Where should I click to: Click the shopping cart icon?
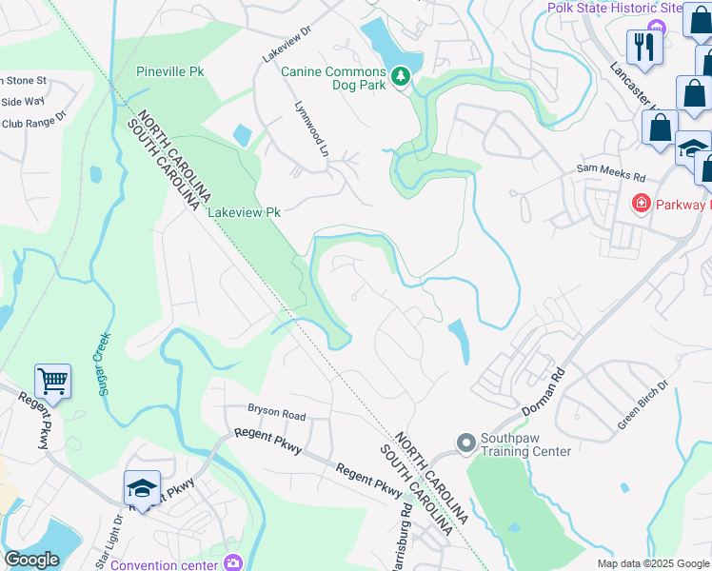click(x=53, y=383)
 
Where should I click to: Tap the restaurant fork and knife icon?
click(x=644, y=47)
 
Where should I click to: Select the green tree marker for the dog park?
click(x=401, y=74)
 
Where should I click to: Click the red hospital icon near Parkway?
click(x=642, y=204)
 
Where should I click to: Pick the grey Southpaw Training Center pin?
click(x=465, y=443)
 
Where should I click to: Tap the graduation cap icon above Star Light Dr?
click(x=142, y=488)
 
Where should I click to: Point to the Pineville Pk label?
click(x=170, y=71)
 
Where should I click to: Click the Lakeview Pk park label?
click(x=246, y=212)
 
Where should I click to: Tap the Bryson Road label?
click(x=277, y=415)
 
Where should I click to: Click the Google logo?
click(x=32, y=560)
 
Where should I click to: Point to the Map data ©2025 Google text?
click(x=652, y=563)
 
